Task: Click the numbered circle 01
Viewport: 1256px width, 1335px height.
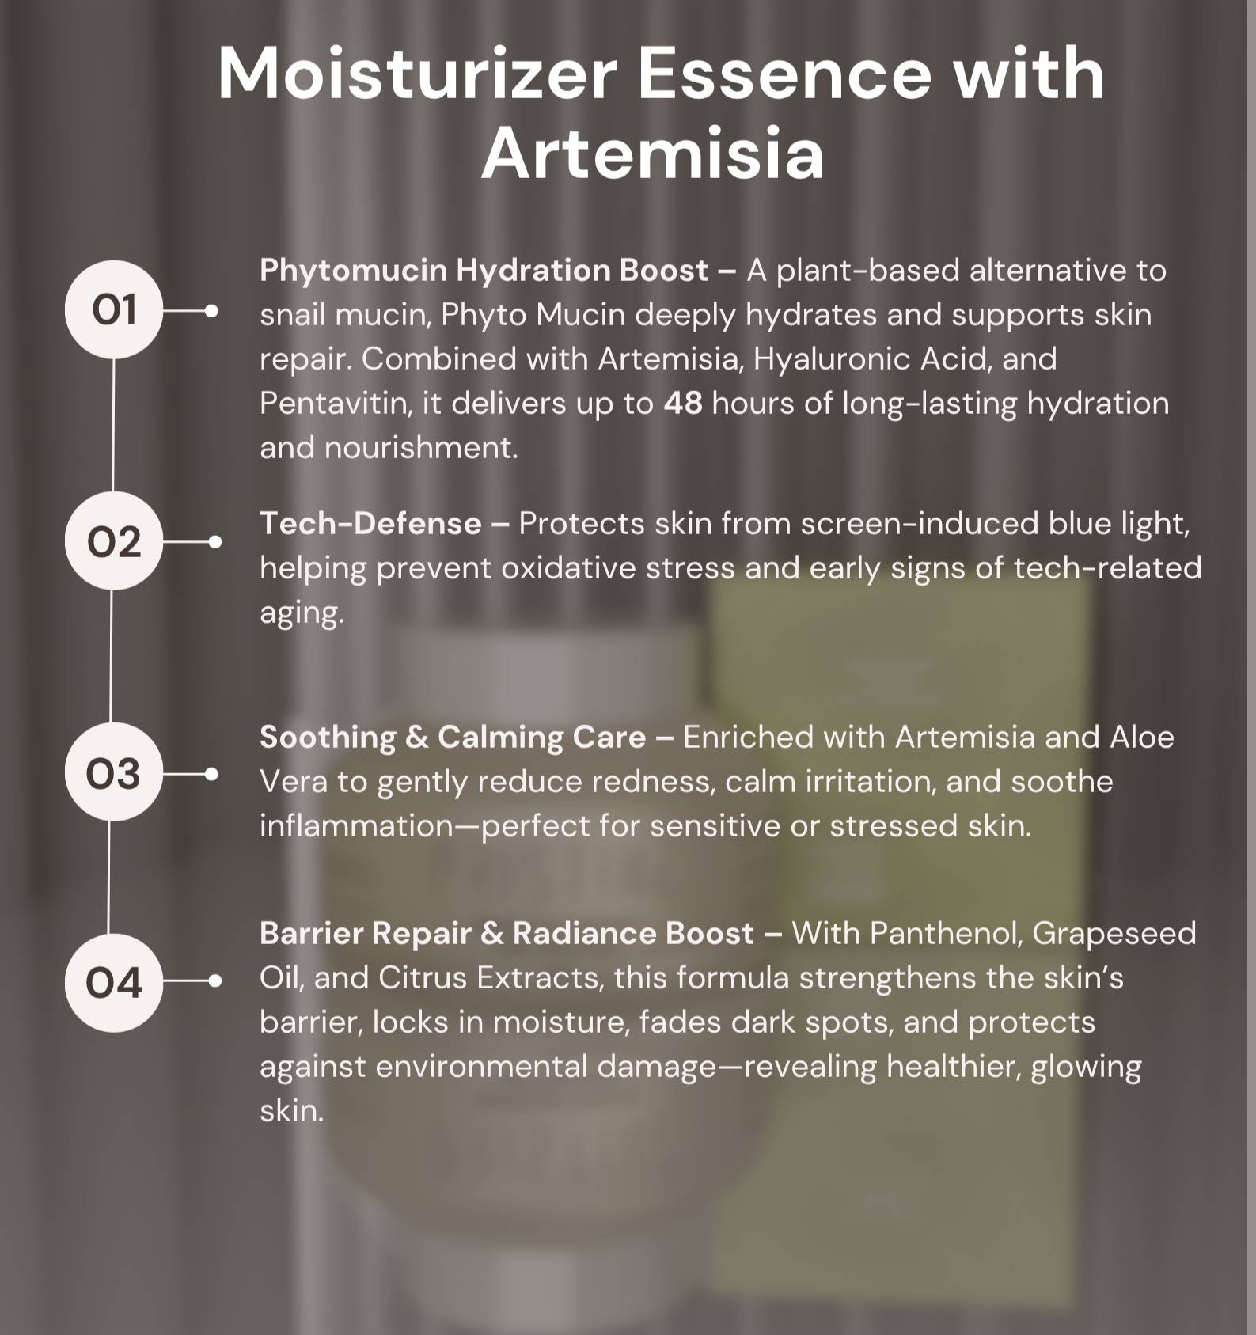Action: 113,309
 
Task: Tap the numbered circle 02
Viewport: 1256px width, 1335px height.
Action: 113,541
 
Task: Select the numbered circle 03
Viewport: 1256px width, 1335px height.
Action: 113,772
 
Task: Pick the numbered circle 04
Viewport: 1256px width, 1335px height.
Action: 113,982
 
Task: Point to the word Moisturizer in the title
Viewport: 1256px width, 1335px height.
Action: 417,74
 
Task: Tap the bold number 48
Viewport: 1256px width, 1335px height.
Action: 683,404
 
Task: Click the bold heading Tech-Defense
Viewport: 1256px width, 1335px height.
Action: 370,524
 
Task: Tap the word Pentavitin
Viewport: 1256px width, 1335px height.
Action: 336,404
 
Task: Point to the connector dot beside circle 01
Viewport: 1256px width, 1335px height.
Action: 211,311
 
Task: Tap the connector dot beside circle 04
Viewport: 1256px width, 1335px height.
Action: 214,981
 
